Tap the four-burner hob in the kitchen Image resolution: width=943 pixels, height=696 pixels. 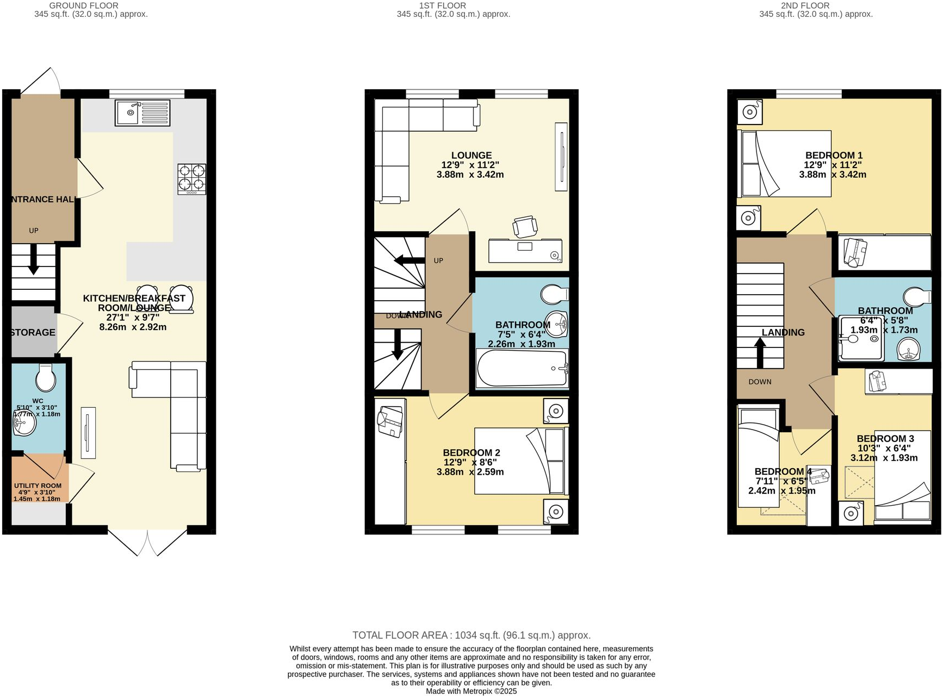coord(192,179)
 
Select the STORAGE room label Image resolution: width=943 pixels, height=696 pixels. coord(33,332)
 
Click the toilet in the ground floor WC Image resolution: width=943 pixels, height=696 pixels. coord(46,377)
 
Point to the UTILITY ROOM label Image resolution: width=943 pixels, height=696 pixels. coord(38,486)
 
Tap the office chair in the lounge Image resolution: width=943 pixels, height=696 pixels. coord(525,226)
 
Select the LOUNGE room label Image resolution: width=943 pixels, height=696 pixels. coord(471,156)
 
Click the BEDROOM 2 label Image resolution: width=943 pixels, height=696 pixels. coord(471,452)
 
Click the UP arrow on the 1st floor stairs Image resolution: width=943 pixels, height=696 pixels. coord(409,260)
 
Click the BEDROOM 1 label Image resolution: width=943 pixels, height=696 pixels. coord(834,156)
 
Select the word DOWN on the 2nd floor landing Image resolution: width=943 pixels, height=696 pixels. coord(760,382)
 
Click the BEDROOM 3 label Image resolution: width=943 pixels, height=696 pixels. coord(885,438)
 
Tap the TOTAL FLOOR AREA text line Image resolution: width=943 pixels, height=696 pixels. coord(471,635)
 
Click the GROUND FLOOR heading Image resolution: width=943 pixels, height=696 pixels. coord(84,5)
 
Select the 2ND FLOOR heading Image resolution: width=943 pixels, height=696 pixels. coord(805,5)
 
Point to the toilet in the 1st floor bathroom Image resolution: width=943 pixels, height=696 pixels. coord(554,294)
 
